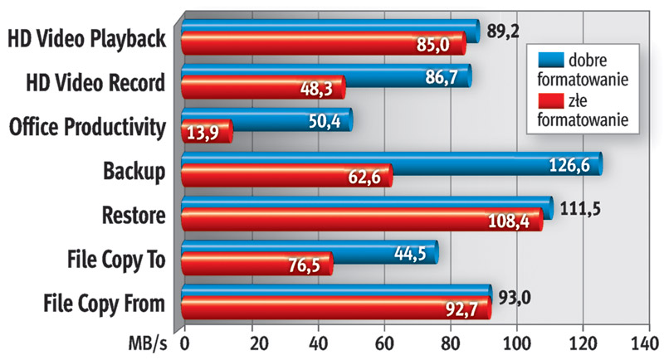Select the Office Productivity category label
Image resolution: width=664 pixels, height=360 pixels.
(86, 127)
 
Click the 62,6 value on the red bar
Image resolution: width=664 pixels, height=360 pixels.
(364, 177)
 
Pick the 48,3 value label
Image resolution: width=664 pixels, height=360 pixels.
(315, 89)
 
